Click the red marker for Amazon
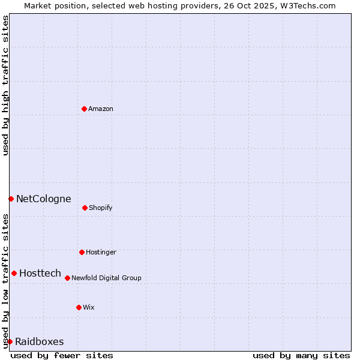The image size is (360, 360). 84,109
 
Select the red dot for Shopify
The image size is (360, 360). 85,208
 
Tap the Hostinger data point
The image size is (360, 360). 82,252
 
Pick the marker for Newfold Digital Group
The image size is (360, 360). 67,278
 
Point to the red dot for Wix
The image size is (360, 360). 79,307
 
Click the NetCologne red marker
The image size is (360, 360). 11,199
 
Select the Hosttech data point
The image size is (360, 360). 14,273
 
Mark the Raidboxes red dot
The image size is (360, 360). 10,341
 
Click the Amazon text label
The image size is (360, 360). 101,109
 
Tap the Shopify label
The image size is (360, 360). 101,208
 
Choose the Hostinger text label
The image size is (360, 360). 101,252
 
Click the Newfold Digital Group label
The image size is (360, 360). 106,278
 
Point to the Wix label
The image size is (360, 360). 89,307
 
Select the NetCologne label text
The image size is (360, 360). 43,199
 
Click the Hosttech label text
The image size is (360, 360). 40,273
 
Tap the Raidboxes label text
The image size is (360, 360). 40,341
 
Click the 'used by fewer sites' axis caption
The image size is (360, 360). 62,355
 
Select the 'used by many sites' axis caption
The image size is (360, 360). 301,355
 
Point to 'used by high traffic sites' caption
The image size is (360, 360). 5,85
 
